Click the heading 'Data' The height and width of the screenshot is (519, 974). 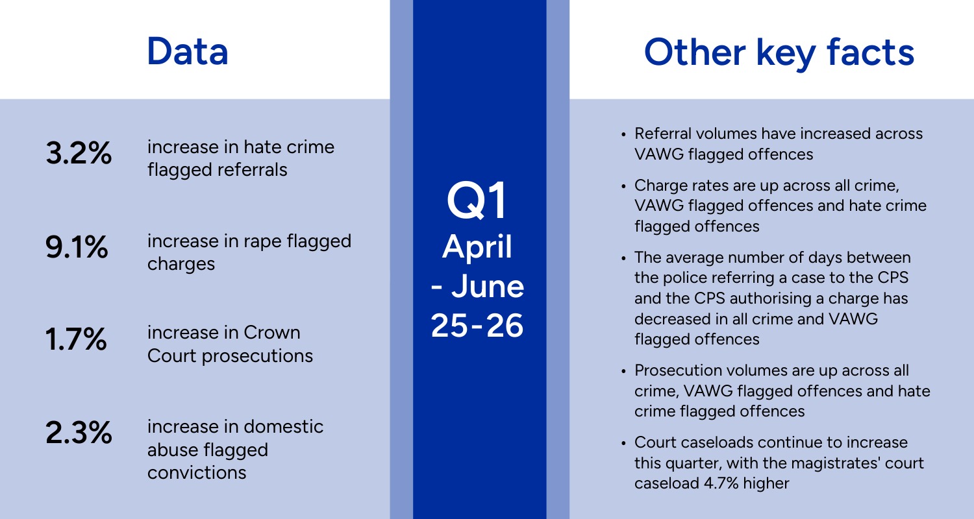pyautogui.click(x=188, y=52)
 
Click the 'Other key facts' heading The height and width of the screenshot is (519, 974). pyautogui.click(x=779, y=53)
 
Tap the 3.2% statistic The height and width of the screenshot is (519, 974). pyautogui.click(x=79, y=153)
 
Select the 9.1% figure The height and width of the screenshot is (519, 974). pyautogui.click(x=77, y=247)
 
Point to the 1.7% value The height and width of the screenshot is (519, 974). pyautogui.click(x=76, y=339)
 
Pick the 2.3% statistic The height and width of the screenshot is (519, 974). pyautogui.click(x=79, y=433)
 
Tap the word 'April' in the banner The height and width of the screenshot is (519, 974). pyautogui.click(x=477, y=247)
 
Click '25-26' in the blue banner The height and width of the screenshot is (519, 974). pyautogui.click(x=477, y=325)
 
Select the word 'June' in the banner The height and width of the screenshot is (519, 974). pyautogui.click(x=488, y=286)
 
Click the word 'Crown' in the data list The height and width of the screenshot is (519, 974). pyautogui.click(x=272, y=333)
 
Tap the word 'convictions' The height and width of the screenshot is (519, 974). pyautogui.click(x=197, y=472)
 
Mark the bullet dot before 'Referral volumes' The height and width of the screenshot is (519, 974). pyautogui.click(x=623, y=135)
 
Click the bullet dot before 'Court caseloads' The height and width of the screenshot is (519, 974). pyautogui.click(x=623, y=444)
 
